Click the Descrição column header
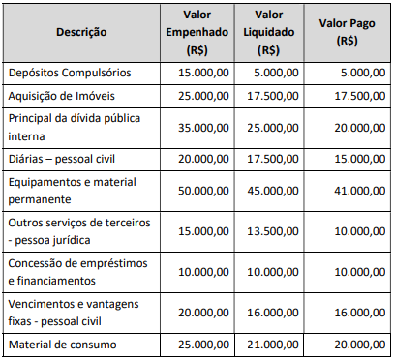(x=81, y=32)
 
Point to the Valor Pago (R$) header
(x=345, y=32)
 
